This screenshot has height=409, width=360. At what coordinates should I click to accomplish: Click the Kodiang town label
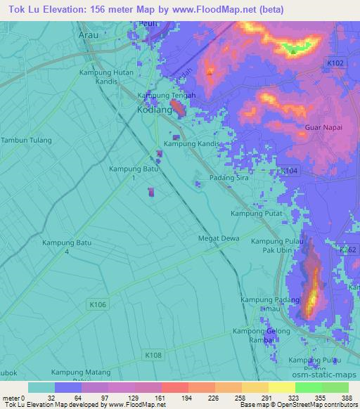click(x=155, y=110)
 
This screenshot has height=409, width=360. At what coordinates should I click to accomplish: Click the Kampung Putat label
click(x=257, y=214)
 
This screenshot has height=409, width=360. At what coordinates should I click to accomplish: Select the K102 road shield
click(x=336, y=63)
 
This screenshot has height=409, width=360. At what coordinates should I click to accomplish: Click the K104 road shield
click(x=288, y=171)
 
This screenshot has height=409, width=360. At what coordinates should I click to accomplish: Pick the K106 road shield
click(x=98, y=304)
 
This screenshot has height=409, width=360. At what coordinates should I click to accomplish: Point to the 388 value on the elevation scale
click(x=347, y=397)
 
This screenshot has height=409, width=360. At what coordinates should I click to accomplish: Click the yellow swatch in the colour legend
click(x=281, y=387)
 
